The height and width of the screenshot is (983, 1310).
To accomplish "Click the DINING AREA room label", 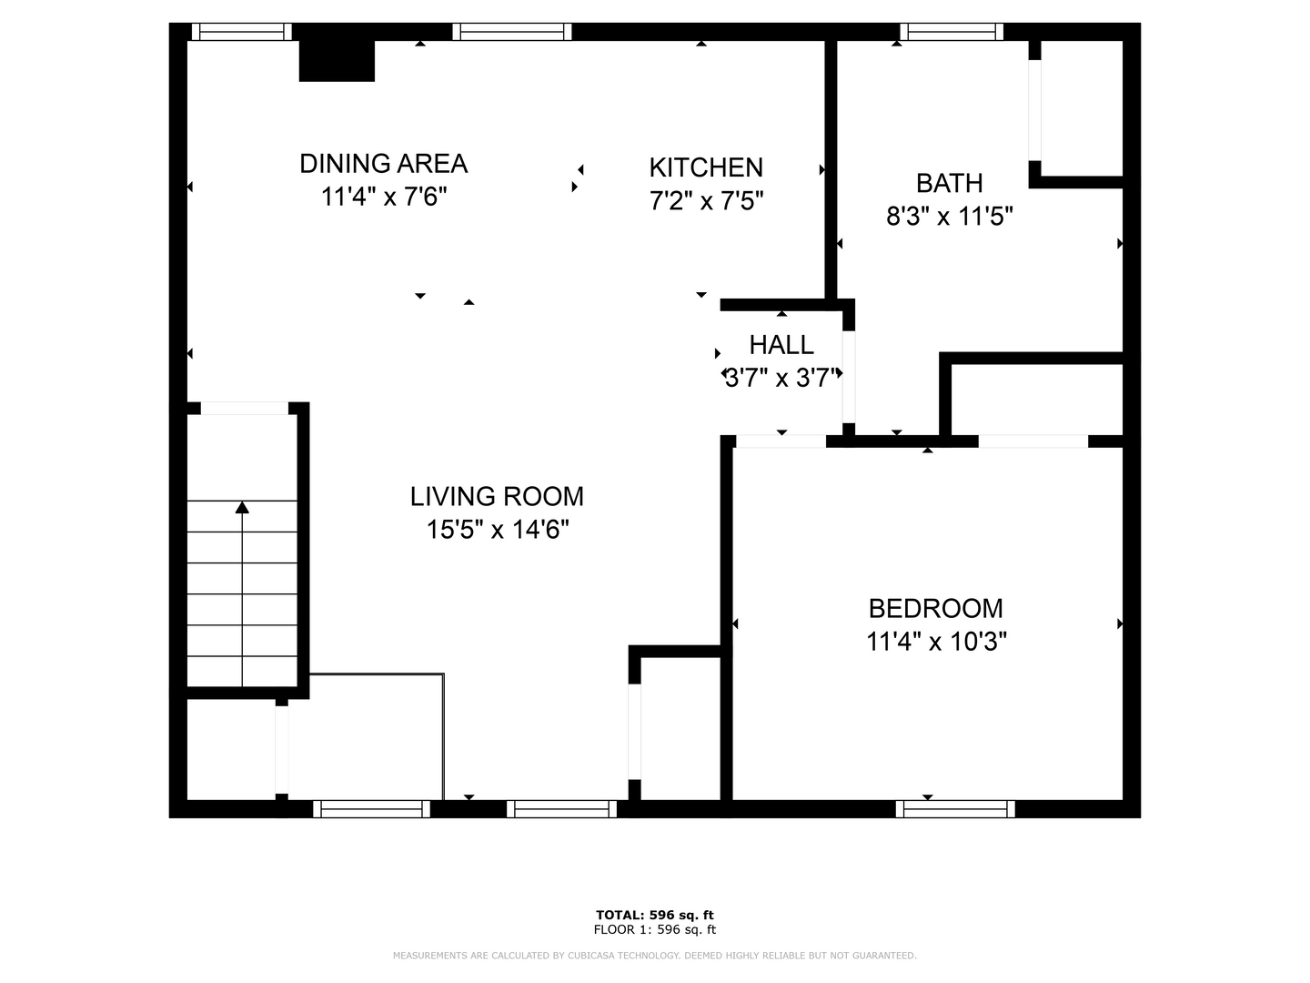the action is (x=383, y=164).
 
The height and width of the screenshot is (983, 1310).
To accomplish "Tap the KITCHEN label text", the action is (x=706, y=167).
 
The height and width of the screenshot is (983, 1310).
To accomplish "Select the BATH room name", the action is (x=949, y=183).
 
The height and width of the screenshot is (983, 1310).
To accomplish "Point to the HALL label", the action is (x=781, y=345).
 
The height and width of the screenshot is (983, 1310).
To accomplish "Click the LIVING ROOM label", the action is (x=497, y=497).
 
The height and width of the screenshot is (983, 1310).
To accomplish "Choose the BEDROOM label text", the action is (x=935, y=609).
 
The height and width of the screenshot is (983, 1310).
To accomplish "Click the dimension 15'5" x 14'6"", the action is (x=497, y=530).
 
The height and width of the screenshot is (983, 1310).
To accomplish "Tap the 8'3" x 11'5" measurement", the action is (x=949, y=216).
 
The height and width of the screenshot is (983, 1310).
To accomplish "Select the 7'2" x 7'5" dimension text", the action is (x=706, y=200).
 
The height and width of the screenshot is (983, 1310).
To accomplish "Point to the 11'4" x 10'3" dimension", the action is (x=936, y=642).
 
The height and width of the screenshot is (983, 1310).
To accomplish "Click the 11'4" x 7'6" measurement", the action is (x=384, y=197).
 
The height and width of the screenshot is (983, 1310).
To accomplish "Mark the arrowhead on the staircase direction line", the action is (x=242, y=507).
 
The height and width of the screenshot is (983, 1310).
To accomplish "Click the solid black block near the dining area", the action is (x=337, y=60).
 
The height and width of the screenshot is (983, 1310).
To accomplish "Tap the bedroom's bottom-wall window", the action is (x=955, y=809).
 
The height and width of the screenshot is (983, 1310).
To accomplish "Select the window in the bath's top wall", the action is (x=952, y=32).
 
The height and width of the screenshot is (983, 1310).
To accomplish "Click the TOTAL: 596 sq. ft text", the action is (x=655, y=915).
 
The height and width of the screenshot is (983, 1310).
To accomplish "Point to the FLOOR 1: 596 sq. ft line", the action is (x=655, y=929).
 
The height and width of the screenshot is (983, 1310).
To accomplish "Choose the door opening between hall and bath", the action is (x=848, y=377).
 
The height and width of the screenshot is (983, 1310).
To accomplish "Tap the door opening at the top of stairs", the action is (x=245, y=409).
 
